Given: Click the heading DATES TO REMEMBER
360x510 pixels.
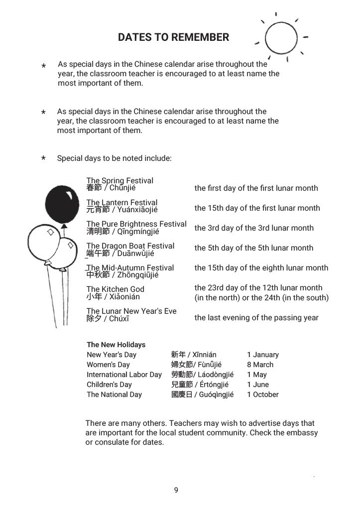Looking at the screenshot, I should click(173, 37).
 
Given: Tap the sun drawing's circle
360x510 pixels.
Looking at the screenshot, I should click(281, 38).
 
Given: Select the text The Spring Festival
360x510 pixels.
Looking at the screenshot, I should click(120, 180).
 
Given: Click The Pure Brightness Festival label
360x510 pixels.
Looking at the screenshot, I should click(136, 224).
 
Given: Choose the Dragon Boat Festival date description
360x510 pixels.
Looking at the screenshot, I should click(254, 248).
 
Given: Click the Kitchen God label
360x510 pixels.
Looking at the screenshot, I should click(116, 289).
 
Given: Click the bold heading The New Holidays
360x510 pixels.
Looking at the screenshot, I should click(116, 345).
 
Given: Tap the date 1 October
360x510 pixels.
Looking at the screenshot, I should click(263, 394).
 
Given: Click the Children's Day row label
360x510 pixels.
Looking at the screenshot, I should click(109, 384).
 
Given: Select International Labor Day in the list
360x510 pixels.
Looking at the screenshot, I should click(124, 375).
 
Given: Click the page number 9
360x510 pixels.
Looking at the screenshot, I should click(176, 490).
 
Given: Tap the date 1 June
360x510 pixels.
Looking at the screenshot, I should click(258, 384).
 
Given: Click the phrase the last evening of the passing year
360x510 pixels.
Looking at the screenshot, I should click(256, 318).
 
